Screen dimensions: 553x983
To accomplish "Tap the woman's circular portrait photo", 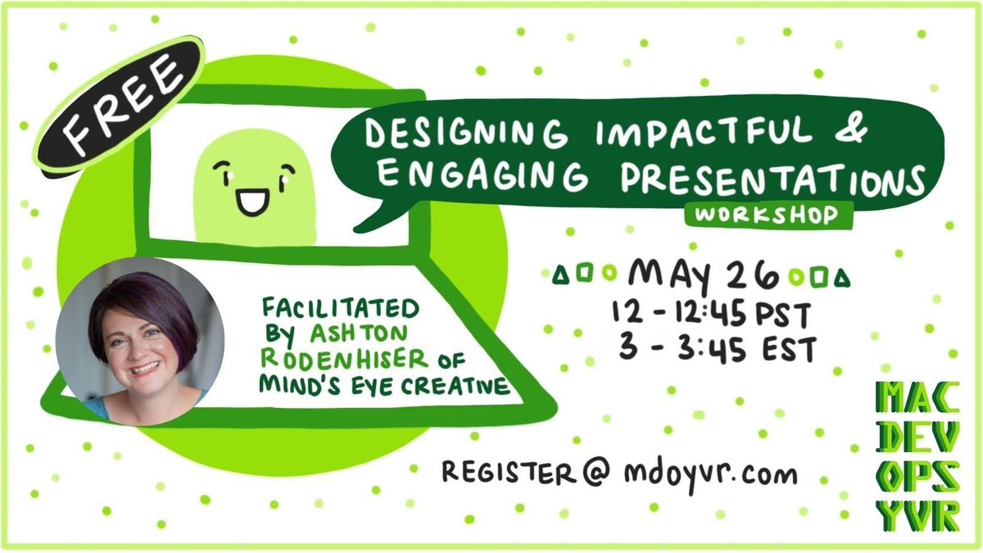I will point(139,340).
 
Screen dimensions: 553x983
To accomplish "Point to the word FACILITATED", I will point(341,310).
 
